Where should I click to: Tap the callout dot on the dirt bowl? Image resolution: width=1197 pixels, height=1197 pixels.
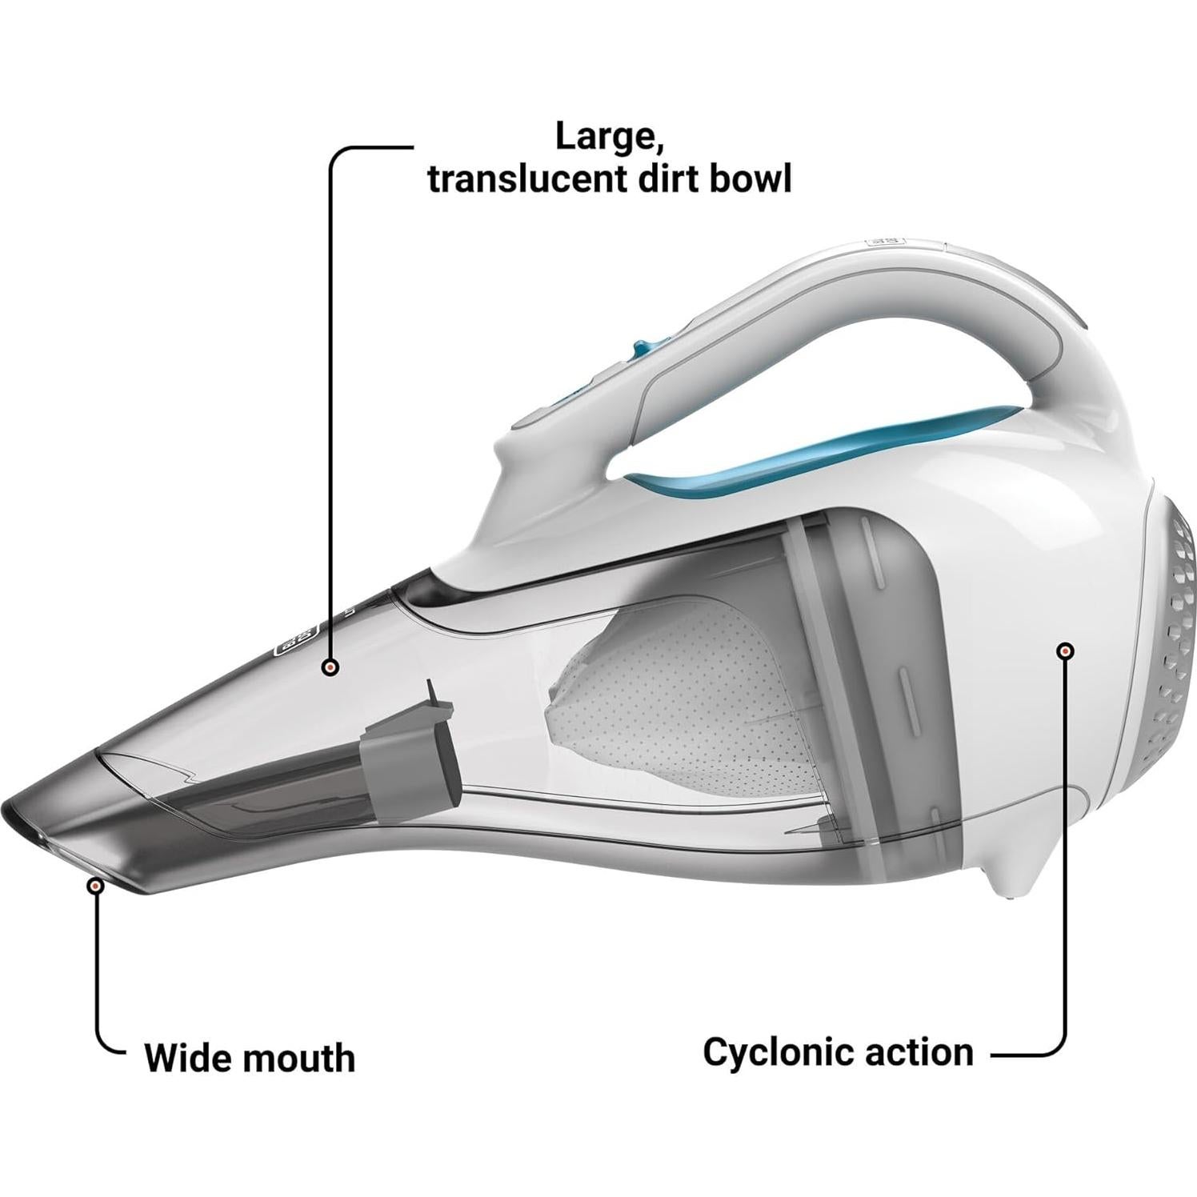tap(330, 666)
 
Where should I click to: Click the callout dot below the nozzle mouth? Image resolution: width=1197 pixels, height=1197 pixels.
tap(96, 886)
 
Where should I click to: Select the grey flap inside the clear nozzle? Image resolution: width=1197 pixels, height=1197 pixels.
tap(412, 752)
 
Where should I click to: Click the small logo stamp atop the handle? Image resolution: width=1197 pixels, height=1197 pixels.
tap(883, 239)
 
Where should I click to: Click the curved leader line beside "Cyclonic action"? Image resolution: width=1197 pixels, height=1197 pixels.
tap(1056, 1040)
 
